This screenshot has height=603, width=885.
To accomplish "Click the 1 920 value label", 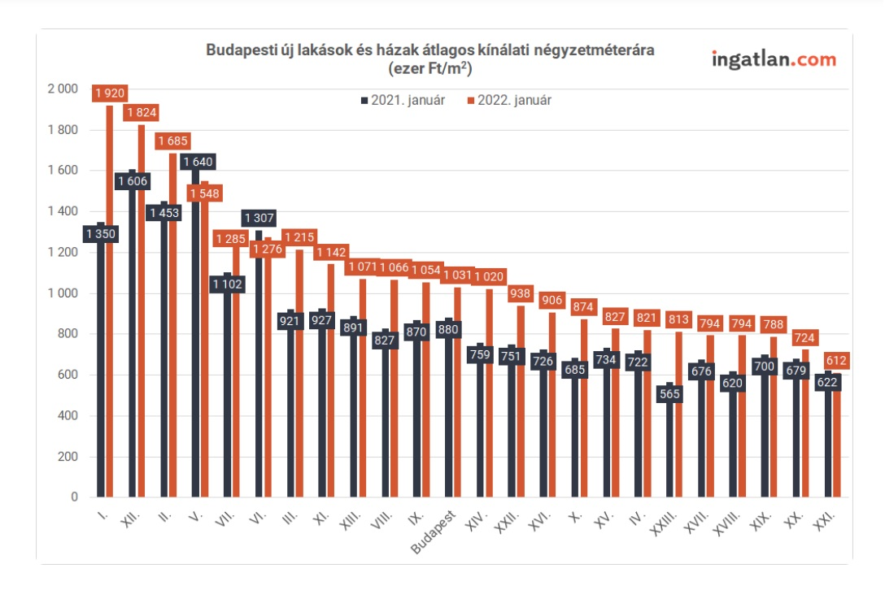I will click(x=109, y=93).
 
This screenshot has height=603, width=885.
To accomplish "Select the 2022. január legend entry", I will click(x=510, y=101).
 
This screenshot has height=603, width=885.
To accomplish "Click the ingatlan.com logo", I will click(x=774, y=59).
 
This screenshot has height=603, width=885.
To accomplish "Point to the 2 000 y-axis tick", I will click(x=63, y=89).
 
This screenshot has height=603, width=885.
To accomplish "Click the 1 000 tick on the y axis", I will click(x=63, y=293).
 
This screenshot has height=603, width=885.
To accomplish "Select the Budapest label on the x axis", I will click(x=435, y=532).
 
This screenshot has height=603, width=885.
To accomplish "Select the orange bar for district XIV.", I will click(x=490, y=390).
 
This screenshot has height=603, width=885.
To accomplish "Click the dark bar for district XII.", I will click(x=133, y=341).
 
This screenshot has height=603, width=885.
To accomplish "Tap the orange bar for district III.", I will click(x=299, y=374).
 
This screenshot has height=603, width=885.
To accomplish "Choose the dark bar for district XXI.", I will click(x=829, y=439).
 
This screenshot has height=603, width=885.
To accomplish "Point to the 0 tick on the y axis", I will click(x=73, y=497).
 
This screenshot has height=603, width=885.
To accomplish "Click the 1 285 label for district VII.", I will click(x=229, y=240).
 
